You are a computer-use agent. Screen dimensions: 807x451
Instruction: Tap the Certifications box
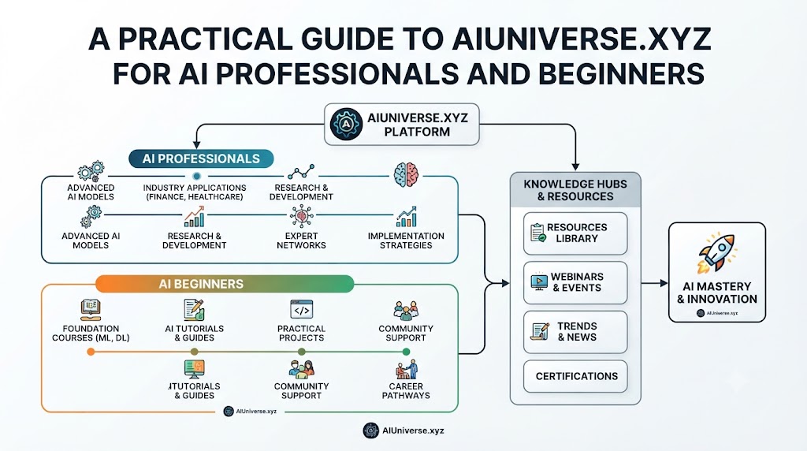pyautogui.click(x=575, y=376)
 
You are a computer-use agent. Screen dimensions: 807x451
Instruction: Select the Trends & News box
pyautogui.click(x=575, y=332)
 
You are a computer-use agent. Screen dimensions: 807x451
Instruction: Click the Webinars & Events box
pyautogui.click(x=575, y=282)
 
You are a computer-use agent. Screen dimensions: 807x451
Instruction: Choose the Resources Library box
pyautogui.click(x=575, y=233)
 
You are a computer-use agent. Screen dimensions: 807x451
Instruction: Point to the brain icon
pyautogui.click(x=406, y=174)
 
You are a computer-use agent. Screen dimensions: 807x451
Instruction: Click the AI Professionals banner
pyautogui.click(x=201, y=158)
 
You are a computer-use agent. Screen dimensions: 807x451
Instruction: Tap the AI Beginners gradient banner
pyautogui.click(x=225, y=284)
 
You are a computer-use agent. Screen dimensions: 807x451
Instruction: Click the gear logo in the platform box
pyautogui.click(x=346, y=124)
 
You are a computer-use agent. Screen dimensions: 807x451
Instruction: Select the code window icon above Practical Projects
pyautogui.click(x=302, y=309)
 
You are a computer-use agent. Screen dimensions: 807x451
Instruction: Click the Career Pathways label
pyautogui.click(x=406, y=391)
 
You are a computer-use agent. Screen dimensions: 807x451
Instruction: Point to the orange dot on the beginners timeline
pyautogui.click(x=91, y=352)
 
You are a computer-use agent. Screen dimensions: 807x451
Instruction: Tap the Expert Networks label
pyautogui.click(x=302, y=240)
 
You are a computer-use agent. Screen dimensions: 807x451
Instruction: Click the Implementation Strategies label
pyautogui.click(x=406, y=240)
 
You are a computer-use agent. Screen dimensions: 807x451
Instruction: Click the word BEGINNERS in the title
pyautogui.click(x=621, y=73)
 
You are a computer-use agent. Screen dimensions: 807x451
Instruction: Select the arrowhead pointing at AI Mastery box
pyautogui.click(x=664, y=283)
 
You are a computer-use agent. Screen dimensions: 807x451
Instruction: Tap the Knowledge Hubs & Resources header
pyautogui.click(x=575, y=190)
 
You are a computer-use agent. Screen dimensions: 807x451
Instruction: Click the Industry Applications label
pyautogui.click(x=195, y=192)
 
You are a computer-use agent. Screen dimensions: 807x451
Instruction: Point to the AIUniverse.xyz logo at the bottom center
pyautogui.click(x=403, y=430)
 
